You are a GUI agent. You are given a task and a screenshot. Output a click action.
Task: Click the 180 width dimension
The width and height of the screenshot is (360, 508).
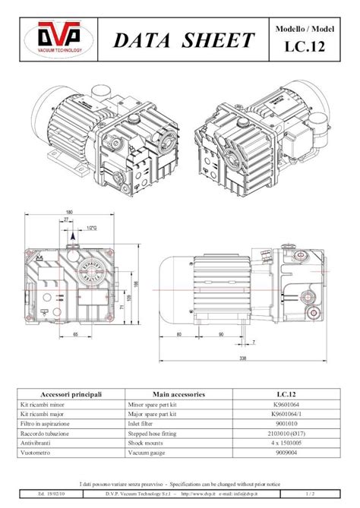pos(69,213)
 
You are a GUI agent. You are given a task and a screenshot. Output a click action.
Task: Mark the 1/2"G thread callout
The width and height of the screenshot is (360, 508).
pos(92,228)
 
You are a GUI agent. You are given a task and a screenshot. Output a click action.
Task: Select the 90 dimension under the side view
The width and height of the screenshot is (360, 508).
pos(220,334)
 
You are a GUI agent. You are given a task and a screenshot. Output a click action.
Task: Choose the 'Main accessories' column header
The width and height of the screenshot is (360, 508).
pos(179,394)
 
